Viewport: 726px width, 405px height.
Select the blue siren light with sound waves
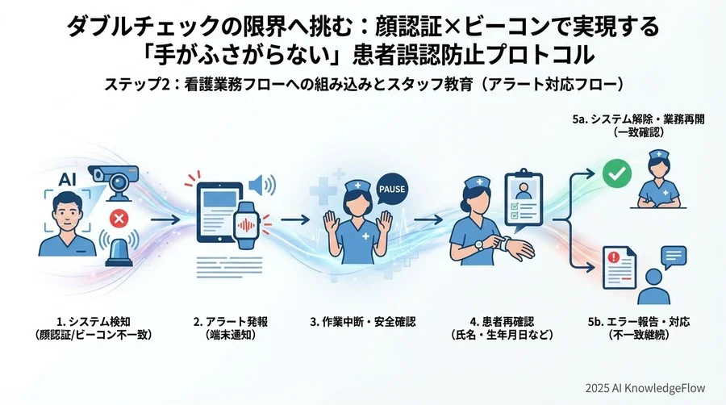120,248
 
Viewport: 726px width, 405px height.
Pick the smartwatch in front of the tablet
246,221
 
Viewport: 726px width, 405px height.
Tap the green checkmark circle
615,173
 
